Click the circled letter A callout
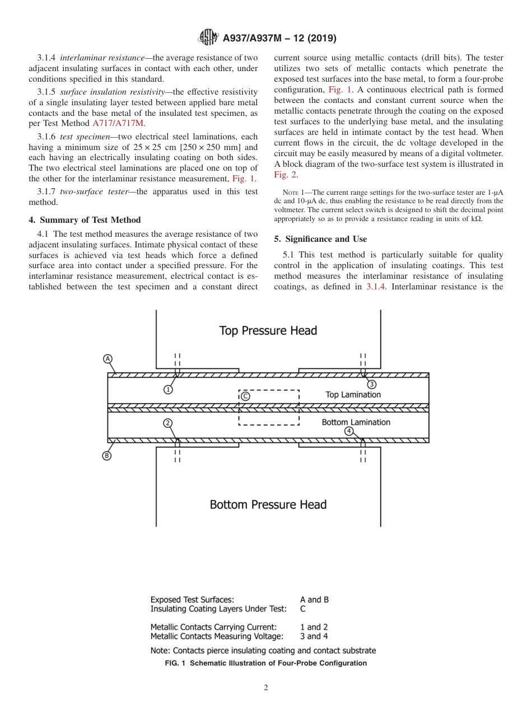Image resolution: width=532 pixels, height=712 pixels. click(108, 359)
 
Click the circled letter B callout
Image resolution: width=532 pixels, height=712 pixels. click(106, 456)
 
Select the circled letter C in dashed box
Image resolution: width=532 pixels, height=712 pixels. click(245, 396)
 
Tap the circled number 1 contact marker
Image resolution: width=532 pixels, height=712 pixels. click(169, 390)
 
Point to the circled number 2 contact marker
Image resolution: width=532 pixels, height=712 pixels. click(168, 423)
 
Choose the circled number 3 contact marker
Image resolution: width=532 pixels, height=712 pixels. click(371, 384)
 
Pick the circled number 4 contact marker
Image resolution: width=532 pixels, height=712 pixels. click(349, 431)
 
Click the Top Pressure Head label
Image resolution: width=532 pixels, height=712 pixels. click(268, 330)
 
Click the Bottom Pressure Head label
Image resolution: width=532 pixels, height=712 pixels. click(268, 504)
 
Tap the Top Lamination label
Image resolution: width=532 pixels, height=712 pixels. click(353, 395)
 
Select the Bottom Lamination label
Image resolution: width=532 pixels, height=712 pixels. click(356, 422)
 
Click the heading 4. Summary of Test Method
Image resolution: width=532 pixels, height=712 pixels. click(85, 220)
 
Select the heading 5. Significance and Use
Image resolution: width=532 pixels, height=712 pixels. click(320, 239)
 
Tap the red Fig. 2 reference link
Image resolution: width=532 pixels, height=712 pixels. click(286, 175)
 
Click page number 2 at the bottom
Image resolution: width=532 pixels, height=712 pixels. click(266, 688)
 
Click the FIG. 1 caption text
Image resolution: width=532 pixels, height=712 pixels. click(266, 663)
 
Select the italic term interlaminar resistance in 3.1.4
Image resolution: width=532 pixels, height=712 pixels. click(102, 58)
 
